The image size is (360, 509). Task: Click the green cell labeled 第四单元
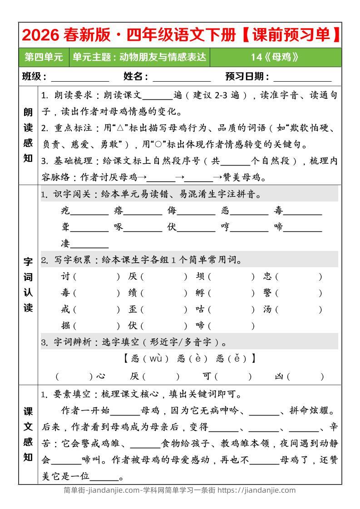[44, 57]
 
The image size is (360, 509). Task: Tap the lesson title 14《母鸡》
[276, 57]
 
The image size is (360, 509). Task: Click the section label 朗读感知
[28, 135]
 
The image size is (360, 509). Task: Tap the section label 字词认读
[28, 285]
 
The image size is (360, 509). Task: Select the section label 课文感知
[28, 434]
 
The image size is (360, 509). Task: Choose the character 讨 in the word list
[65, 277]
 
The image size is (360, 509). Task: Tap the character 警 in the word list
[268, 294]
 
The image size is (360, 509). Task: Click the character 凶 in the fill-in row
[279, 376]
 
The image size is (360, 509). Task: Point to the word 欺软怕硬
[315, 128]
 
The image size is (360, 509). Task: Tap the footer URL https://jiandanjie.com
[256, 490]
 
